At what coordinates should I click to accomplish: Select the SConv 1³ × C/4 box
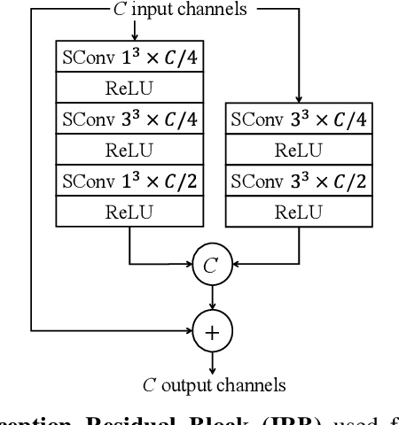coord(129,58)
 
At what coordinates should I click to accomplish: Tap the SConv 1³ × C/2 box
coord(129,182)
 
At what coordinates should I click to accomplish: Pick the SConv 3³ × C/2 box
coord(299,182)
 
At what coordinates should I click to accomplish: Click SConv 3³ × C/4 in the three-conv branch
coord(129,120)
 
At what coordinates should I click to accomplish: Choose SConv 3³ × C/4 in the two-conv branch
coord(299,120)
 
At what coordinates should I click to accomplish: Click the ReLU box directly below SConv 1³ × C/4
coord(129,89)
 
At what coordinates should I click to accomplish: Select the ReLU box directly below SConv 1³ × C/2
coord(129,212)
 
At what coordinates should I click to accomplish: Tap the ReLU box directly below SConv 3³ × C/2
coord(299,212)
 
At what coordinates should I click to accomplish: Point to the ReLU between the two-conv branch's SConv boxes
coord(299,151)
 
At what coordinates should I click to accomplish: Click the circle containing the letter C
coord(211,263)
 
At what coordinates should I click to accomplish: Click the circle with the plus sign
coord(211,330)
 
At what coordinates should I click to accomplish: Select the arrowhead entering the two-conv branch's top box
coord(299,99)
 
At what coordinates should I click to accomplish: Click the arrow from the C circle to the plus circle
coord(211,297)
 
